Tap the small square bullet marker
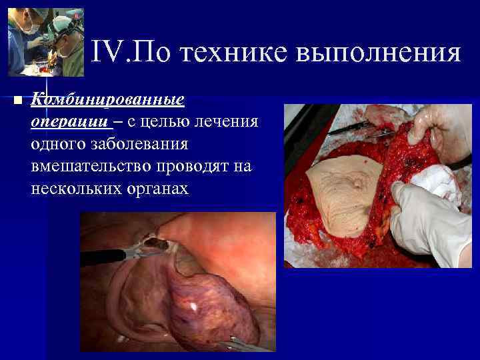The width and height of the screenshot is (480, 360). (x=18, y=101)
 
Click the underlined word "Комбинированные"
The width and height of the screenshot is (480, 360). (x=107, y=100)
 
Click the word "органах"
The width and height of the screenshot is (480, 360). (x=157, y=188)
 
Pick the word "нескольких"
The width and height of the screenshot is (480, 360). (x=73, y=188)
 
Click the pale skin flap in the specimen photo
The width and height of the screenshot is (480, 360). (x=340, y=187)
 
